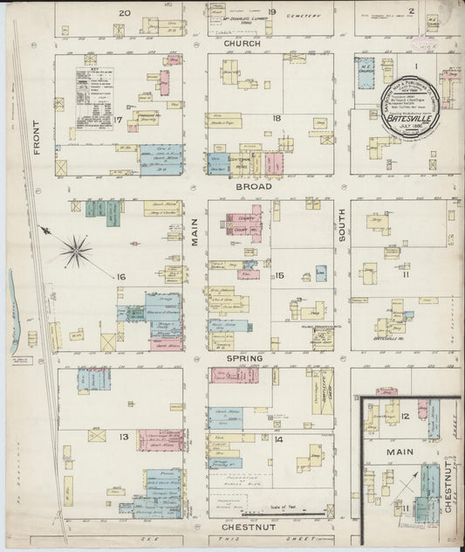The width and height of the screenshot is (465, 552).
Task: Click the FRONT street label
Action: [x=37, y=138]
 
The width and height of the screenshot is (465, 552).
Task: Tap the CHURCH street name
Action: [x=242, y=43]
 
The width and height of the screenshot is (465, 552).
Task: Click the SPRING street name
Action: [x=246, y=358]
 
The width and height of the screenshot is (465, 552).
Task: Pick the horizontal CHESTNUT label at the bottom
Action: [x=250, y=528]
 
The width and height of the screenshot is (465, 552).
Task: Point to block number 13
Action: [x=124, y=436]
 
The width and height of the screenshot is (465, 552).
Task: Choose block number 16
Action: [x=122, y=277]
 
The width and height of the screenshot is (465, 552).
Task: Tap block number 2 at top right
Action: [x=434, y=12]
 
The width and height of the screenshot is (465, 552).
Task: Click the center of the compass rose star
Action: [x=77, y=252]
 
